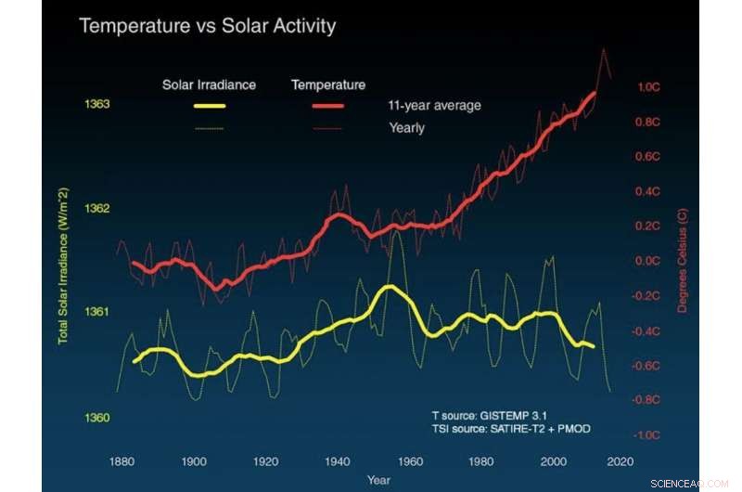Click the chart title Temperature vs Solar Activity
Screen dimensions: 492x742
(x=207, y=26)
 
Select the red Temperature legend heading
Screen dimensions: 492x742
(x=328, y=85)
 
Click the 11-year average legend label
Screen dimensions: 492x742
(x=434, y=106)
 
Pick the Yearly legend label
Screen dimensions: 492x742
(x=406, y=128)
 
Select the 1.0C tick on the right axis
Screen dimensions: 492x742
(x=647, y=87)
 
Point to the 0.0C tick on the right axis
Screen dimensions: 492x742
(x=647, y=261)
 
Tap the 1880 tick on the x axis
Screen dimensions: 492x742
(x=121, y=461)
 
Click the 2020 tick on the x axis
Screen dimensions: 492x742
(x=620, y=461)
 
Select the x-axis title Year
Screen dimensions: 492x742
(x=378, y=480)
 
